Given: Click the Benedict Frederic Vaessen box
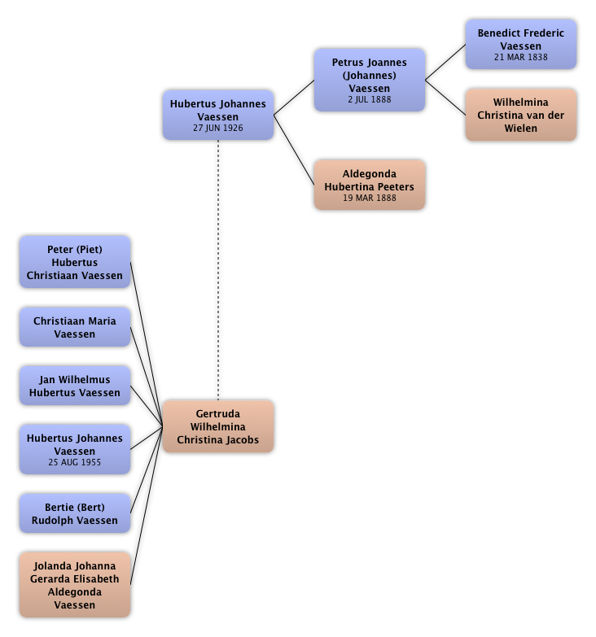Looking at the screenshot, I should (520, 45).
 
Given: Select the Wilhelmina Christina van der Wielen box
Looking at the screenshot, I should (520, 115).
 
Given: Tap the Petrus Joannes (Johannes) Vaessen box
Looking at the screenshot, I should (369, 80).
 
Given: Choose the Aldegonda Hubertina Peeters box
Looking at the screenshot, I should (369, 185).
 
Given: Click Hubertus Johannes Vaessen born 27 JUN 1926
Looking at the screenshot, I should (217, 115).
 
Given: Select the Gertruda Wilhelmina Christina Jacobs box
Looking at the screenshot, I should (217, 426).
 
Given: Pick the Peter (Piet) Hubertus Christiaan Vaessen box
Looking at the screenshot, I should (74, 262).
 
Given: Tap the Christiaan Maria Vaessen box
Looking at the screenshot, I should (74, 327).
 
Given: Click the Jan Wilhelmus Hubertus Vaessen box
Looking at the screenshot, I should (74, 386).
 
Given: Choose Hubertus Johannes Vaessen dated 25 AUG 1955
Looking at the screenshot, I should (74, 449).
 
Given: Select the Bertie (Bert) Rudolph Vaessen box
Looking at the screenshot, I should (74, 513).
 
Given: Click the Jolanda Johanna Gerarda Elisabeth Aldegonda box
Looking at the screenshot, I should (74, 584).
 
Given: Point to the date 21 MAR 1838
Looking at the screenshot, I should (520, 58).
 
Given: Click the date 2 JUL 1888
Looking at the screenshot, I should (369, 100).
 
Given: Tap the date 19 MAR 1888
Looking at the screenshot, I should (369, 199).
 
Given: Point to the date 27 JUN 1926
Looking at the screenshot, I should (217, 129).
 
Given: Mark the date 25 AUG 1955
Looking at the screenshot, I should (74, 462).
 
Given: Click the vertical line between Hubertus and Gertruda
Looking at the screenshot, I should (217, 268).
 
